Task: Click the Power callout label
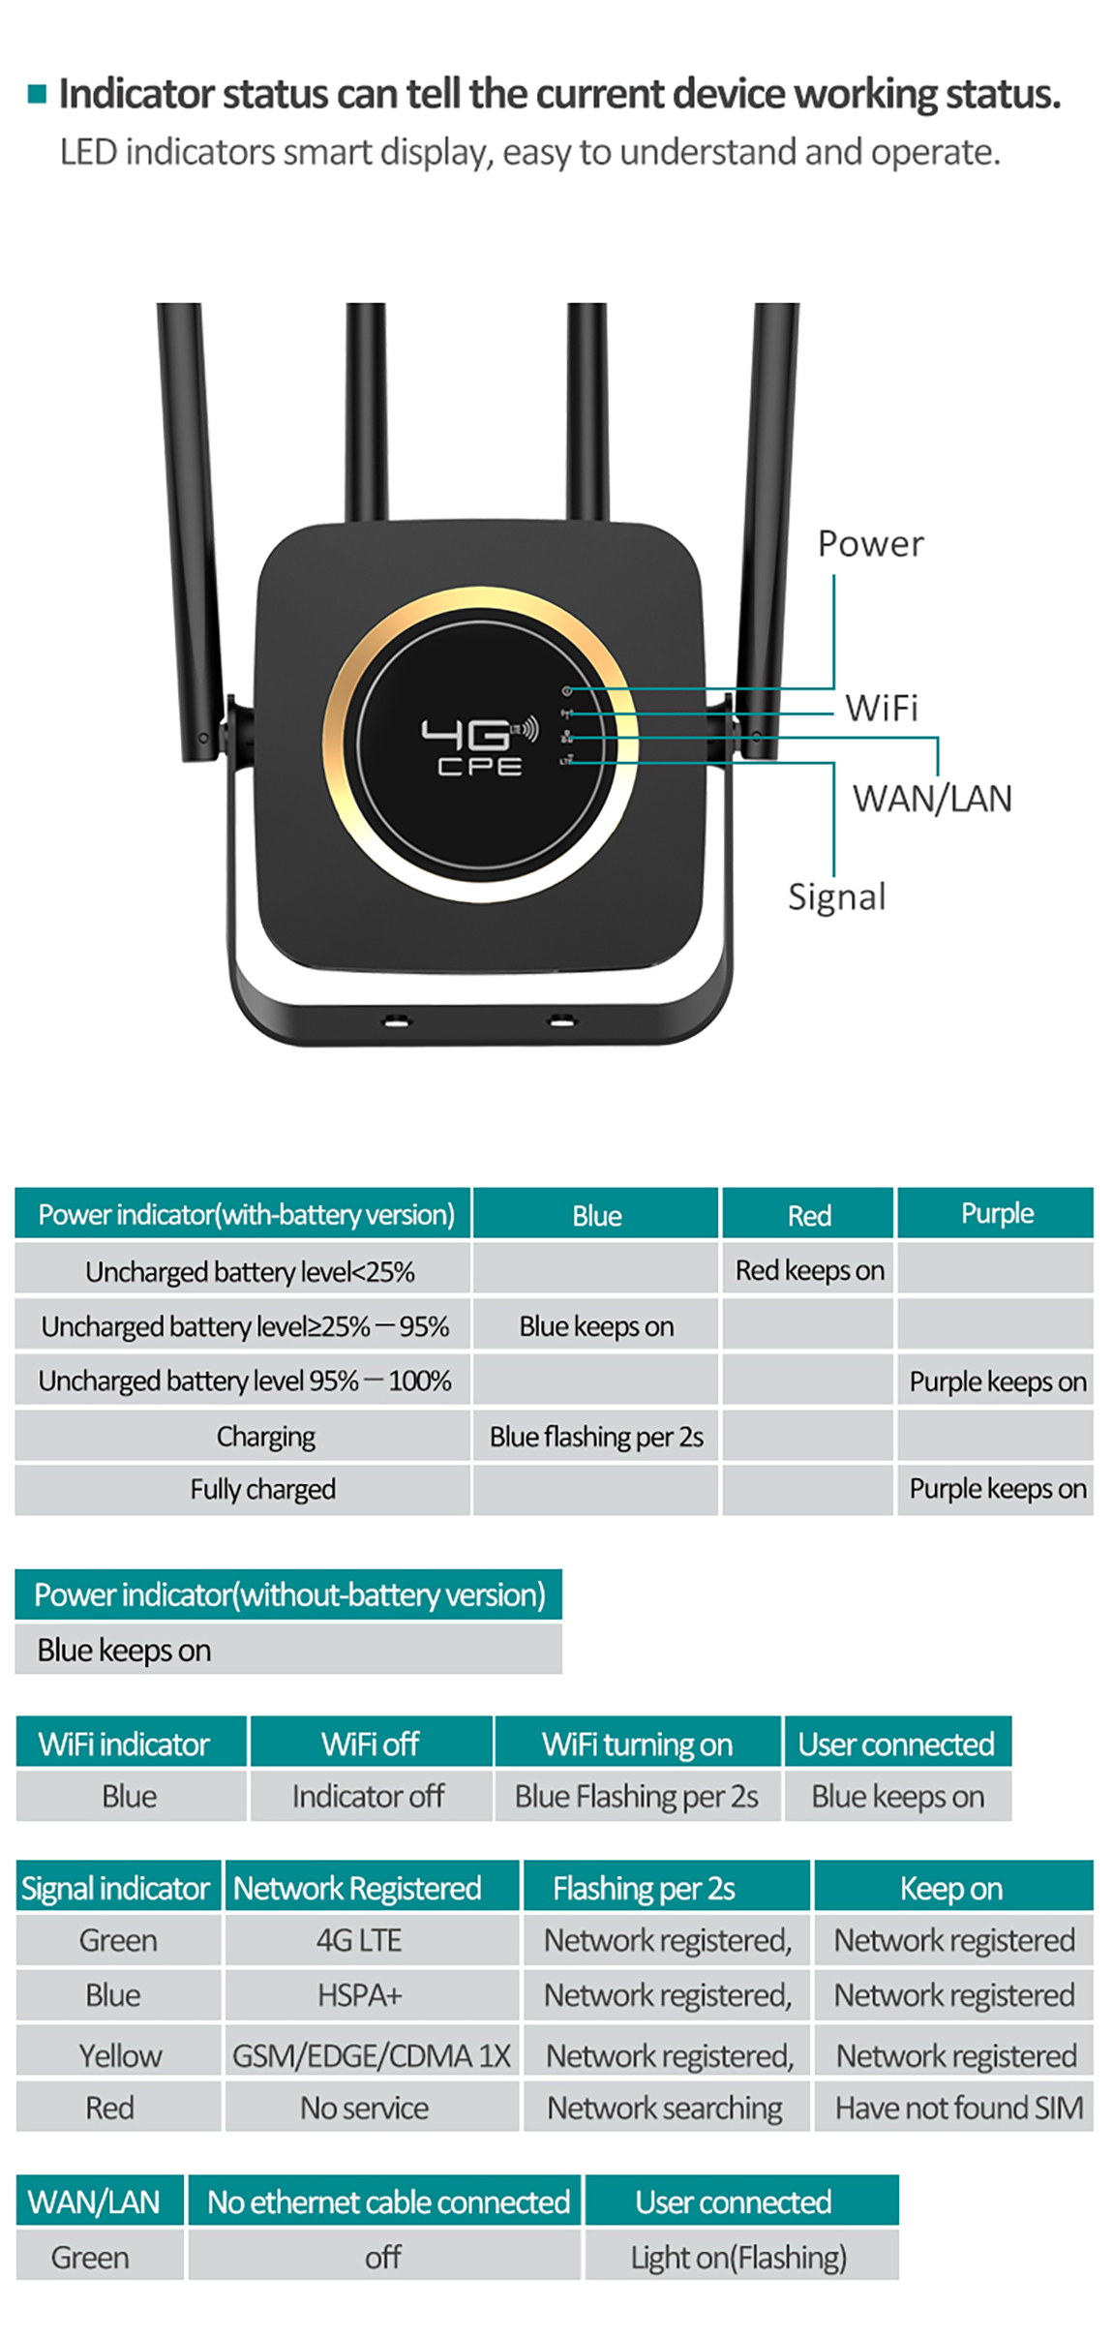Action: pyautogui.click(x=869, y=544)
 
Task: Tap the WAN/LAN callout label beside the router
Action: pyautogui.click(x=931, y=799)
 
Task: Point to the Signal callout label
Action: pyautogui.click(x=836, y=896)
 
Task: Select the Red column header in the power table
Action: pyautogui.click(x=808, y=1214)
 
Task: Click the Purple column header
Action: pyautogui.click(x=996, y=1213)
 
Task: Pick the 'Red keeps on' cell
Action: pyautogui.click(x=809, y=1269)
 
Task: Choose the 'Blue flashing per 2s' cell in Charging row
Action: pyautogui.click(x=596, y=1436)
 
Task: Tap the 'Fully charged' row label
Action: pyautogui.click(x=262, y=1488)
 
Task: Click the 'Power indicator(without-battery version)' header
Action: pyautogui.click(x=289, y=1594)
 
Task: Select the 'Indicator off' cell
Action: pyautogui.click(x=368, y=1796)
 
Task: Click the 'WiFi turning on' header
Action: pyautogui.click(x=637, y=1744)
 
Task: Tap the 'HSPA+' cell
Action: pyautogui.click(x=359, y=1994)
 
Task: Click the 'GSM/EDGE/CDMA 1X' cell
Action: pyautogui.click(x=371, y=2054)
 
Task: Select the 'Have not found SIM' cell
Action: pyautogui.click(x=958, y=2107)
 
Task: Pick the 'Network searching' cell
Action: pyautogui.click(x=665, y=2107)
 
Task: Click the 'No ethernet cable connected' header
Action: pyautogui.click(x=387, y=2201)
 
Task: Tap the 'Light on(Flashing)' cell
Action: pyautogui.click(x=738, y=2257)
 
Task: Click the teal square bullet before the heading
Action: pyautogui.click(x=38, y=94)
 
